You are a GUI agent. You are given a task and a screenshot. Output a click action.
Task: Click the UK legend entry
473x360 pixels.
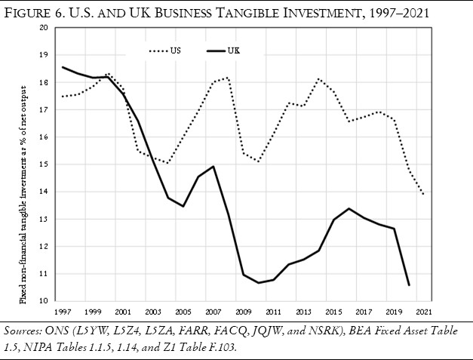(223, 51)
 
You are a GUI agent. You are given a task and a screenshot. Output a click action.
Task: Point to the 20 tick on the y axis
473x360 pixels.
(43, 27)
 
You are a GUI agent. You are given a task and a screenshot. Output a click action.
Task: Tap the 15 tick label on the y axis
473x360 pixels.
(43, 165)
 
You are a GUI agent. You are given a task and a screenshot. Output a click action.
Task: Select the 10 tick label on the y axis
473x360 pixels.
(43, 301)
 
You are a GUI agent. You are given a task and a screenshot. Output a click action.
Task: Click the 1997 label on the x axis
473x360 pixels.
(63, 311)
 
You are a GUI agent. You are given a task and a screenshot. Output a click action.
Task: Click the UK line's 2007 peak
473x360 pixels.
(214, 166)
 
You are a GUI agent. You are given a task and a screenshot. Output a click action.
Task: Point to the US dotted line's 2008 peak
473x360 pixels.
(229, 77)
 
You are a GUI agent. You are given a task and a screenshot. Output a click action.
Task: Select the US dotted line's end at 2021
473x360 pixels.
(423, 194)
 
